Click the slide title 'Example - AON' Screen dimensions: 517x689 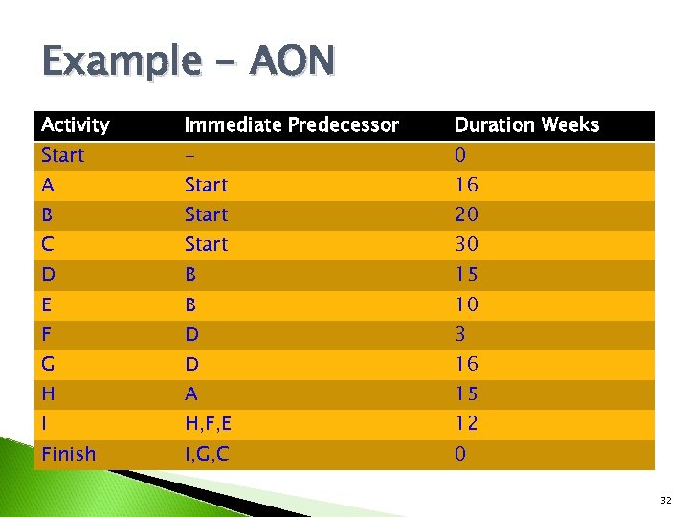[x=189, y=62]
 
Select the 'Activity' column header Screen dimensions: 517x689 [x=76, y=125]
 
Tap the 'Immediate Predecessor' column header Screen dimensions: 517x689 [x=291, y=125]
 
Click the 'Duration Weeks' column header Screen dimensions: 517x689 [x=526, y=125]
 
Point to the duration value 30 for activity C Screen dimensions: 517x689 [x=466, y=244]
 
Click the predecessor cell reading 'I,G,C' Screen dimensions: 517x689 [x=207, y=454]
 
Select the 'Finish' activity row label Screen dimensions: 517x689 [x=68, y=454]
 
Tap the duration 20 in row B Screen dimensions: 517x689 [x=466, y=214]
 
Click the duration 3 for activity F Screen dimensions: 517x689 [x=460, y=334]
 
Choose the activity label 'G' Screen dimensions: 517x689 [x=48, y=364]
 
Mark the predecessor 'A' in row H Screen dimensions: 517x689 [x=191, y=393]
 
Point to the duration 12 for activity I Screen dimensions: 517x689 [x=466, y=423]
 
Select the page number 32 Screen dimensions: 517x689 [x=666, y=500]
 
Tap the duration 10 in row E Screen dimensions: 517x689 [x=466, y=304]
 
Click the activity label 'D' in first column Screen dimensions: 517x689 [x=48, y=275]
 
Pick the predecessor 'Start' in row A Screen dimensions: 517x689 [x=206, y=185]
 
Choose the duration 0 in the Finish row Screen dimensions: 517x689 [x=460, y=454]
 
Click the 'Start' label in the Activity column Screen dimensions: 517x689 [x=62, y=155]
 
